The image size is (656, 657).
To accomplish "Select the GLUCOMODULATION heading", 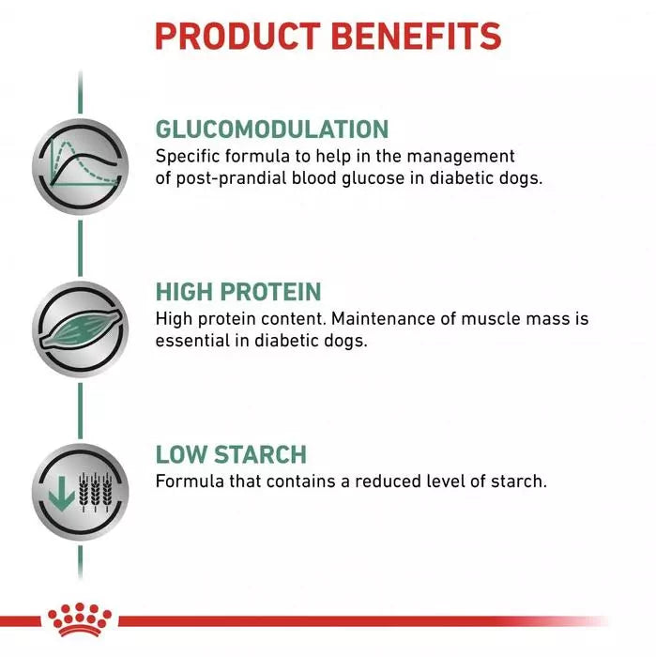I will (271, 129).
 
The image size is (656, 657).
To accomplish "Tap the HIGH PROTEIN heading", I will (237, 291).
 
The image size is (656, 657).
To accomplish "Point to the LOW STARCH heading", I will (231, 455).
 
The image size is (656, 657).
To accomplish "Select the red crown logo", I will (80, 619).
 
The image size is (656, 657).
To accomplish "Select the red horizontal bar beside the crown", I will (357, 620).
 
